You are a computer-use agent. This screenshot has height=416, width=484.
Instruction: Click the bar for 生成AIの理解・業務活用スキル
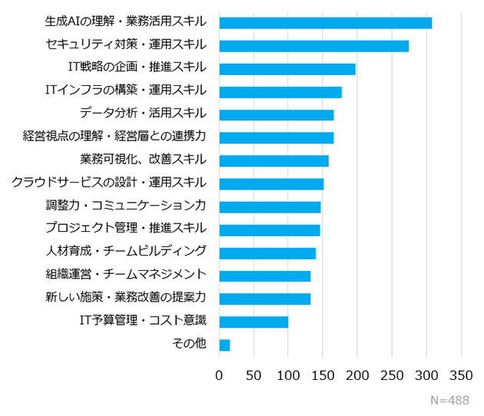tap(325, 22)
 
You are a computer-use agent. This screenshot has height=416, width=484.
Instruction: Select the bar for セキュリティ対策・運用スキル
tap(313, 45)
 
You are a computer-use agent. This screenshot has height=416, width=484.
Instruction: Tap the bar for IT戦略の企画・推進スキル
tap(287, 68)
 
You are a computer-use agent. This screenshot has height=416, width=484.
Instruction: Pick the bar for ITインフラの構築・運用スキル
tap(280, 91)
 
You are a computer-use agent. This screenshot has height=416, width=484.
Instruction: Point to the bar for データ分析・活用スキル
tap(276, 114)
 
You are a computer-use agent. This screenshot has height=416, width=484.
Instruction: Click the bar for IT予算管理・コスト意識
tap(254, 322)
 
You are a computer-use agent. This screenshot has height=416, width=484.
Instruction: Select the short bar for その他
tap(224, 345)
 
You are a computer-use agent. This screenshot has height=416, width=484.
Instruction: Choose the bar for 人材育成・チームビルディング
tap(267, 253)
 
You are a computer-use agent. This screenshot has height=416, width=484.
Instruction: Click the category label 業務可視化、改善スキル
tap(143, 160)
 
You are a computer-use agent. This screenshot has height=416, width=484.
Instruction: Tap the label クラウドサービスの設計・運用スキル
tap(108, 183)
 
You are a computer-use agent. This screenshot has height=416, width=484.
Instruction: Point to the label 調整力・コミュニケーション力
tap(125, 206)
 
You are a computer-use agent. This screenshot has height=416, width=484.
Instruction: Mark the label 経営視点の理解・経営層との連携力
tap(114, 137)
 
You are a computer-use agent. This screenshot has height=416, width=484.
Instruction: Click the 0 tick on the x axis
tap(219, 375)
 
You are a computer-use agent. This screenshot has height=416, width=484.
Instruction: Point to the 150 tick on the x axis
tap(323, 375)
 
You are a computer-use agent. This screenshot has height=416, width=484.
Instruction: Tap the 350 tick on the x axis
tap(461, 375)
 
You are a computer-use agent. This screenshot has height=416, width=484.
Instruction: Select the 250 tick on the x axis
tap(392, 375)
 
